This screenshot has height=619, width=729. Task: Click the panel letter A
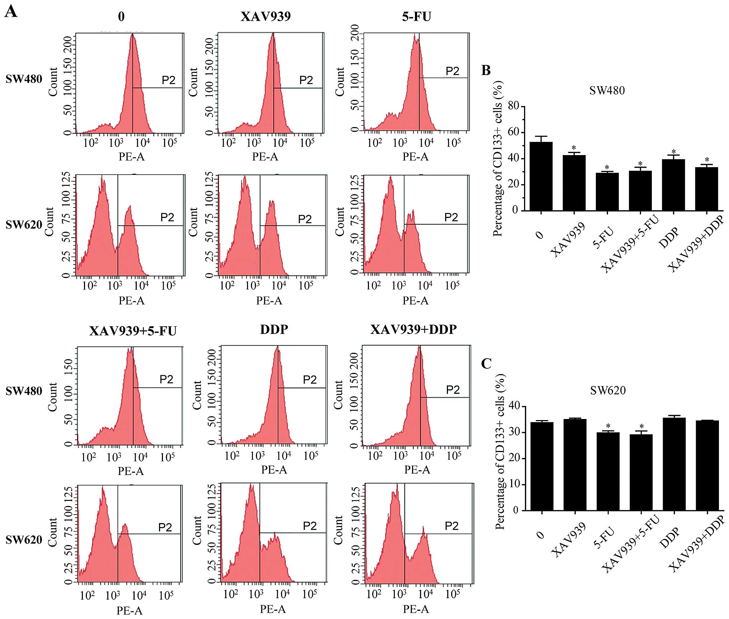click(11, 11)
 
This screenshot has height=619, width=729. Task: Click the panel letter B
click(486, 70)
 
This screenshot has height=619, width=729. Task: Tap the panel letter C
click(486, 364)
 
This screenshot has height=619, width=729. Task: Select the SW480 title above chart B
click(607, 90)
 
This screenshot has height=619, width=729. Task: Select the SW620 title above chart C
click(608, 390)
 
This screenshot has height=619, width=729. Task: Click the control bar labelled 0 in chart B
click(541, 176)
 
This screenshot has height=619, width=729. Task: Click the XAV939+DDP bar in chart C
click(707, 465)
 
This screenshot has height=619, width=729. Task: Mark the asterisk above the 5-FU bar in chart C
click(608, 426)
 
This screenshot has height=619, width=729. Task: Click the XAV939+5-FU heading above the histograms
click(133, 331)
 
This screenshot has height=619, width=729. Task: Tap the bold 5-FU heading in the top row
click(416, 17)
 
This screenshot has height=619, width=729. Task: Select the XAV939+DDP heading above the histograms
click(413, 329)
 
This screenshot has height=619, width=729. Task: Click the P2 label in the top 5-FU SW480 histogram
click(452, 71)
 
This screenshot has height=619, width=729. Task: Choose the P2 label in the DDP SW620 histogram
click(309, 526)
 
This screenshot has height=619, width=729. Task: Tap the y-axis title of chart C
click(500, 452)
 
